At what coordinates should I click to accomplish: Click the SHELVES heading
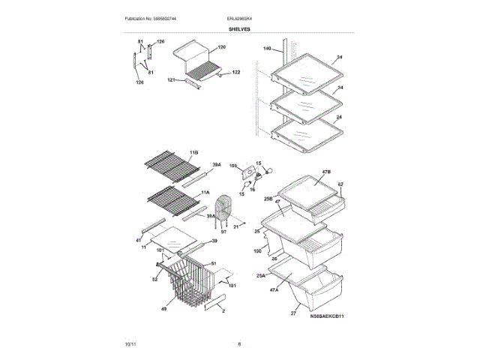click(240, 29)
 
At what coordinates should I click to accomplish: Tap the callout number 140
click(266, 49)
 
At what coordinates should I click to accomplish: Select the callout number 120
click(221, 47)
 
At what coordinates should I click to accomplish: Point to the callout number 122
click(236, 72)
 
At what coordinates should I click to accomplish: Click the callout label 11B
click(194, 152)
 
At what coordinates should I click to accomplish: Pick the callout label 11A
click(205, 192)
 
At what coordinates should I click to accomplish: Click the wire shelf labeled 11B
click(171, 166)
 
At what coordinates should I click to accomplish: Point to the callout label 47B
click(326, 172)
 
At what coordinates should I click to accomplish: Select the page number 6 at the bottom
click(239, 344)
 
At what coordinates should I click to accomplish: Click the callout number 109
click(232, 166)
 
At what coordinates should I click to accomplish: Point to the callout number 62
click(340, 184)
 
